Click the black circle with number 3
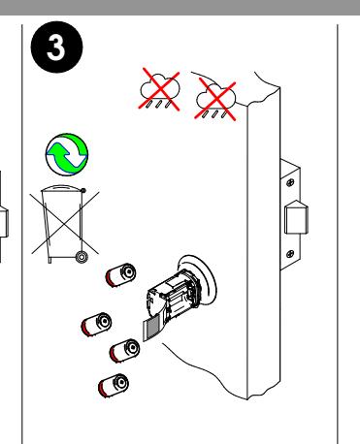(x=56, y=48)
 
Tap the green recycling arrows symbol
(x=67, y=155)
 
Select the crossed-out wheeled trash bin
(x=64, y=224)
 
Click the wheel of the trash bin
(x=82, y=257)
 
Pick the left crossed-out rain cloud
(x=159, y=89)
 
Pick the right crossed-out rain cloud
(x=215, y=99)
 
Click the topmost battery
(x=120, y=275)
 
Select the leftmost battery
(x=96, y=325)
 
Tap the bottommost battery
(x=114, y=386)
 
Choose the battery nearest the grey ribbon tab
(x=124, y=351)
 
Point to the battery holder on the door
(x=173, y=297)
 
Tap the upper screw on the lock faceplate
(x=290, y=183)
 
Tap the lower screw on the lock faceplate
(x=290, y=253)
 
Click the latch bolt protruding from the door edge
(x=296, y=217)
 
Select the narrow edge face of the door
(x=264, y=245)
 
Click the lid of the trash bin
(x=62, y=188)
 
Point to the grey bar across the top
(x=180, y=8)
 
